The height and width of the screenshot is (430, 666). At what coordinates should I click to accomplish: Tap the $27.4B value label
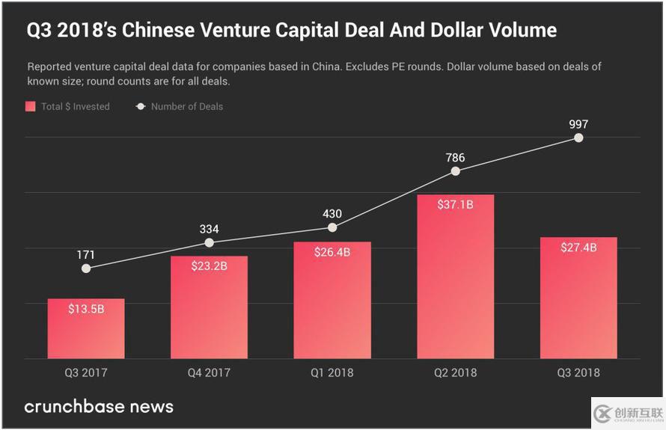point(578,248)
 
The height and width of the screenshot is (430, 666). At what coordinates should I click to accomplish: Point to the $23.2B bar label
point(209,265)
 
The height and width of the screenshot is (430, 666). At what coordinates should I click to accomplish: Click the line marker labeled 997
point(578,138)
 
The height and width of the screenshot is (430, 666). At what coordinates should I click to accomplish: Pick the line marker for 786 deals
point(455,171)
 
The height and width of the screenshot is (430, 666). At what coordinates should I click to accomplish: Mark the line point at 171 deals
point(86,268)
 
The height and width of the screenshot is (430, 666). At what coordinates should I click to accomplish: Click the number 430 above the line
point(332,213)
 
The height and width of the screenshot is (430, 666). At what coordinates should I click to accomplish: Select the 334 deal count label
point(209,229)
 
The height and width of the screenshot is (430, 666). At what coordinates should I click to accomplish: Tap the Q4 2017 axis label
point(209,372)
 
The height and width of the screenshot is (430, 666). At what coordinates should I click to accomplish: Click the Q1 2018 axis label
point(332,372)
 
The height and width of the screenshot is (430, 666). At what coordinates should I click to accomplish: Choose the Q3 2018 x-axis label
point(578,372)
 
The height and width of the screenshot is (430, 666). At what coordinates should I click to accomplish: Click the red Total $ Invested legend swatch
point(31,106)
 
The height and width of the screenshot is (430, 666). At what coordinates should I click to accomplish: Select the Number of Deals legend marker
point(140,106)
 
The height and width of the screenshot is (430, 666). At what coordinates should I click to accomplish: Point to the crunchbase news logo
point(99,407)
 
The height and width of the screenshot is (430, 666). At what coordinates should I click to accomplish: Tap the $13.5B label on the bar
point(86,308)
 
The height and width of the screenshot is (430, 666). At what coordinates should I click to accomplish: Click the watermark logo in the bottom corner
point(627,413)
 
